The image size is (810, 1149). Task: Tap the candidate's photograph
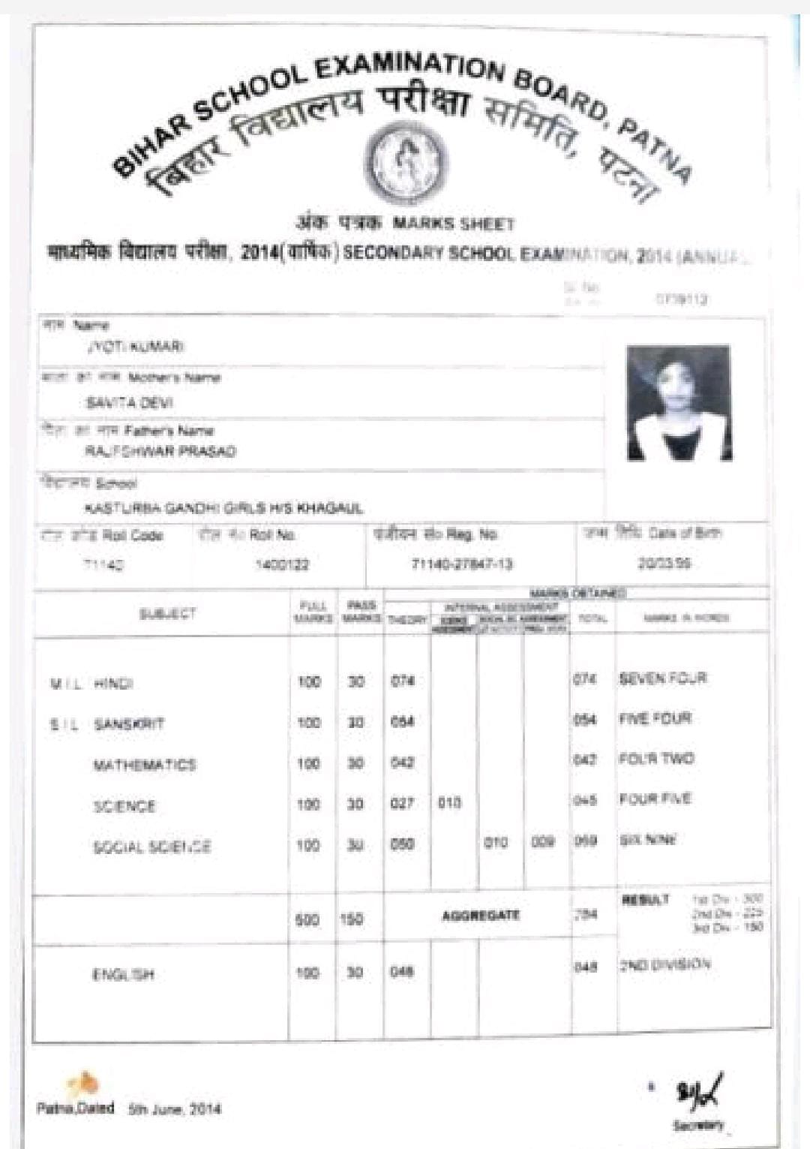[679, 402]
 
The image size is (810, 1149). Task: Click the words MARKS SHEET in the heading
[454, 224]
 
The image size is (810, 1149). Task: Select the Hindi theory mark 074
[403, 681]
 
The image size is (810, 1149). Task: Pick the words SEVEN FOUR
[662, 678]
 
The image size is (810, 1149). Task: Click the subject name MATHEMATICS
[144, 765]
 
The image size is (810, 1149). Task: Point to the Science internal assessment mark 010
[448, 803]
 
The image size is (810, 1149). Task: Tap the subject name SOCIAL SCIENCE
[151, 847]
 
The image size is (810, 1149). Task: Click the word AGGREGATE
[480, 916]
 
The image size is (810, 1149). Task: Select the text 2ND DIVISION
[664, 964]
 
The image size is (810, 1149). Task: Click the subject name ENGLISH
[123, 975]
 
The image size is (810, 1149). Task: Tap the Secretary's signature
[700, 1090]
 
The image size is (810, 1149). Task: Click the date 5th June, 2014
[174, 1109]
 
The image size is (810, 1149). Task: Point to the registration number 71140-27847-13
[462, 564]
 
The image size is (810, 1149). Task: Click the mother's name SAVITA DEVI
[129, 403]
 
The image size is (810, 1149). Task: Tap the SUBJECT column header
[167, 614]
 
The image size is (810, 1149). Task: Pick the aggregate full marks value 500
[307, 919]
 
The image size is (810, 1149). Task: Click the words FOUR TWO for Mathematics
[656, 759]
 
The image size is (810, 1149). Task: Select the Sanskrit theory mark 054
[403, 722]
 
